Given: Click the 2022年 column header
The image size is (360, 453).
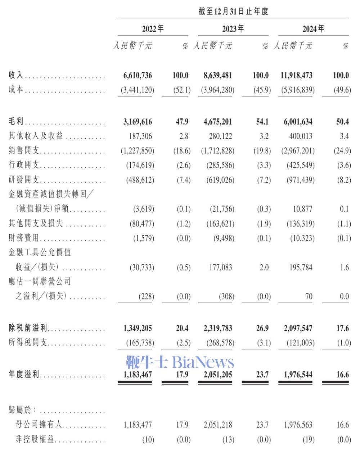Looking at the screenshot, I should pyautogui.click(x=153, y=29).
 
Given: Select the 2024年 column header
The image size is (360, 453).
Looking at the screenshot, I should pyautogui.click(x=313, y=29).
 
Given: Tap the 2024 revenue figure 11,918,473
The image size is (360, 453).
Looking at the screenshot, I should pyautogui.click(x=298, y=76).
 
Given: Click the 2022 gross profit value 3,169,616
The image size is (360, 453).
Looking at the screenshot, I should pyautogui.click(x=138, y=122).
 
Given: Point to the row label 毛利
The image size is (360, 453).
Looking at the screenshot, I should pyautogui.click(x=16, y=122).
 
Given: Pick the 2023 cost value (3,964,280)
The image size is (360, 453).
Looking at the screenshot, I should pyautogui.click(x=218, y=90).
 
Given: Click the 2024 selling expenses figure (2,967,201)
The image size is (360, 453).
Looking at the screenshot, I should pyautogui.click(x=298, y=151).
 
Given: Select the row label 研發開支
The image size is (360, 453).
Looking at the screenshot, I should pyautogui.click(x=24, y=180).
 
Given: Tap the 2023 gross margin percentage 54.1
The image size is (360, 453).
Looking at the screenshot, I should pyautogui.click(x=262, y=122).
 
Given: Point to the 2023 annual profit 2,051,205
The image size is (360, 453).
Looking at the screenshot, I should pyautogui.click(x=218, y=375).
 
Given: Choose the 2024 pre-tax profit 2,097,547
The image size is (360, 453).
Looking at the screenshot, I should pyautogui.click(x=298, y=328).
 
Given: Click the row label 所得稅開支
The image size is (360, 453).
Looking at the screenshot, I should pyautogui.click(x=28, y=343).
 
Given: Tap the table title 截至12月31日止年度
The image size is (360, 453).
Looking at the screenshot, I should pyautogui.click(x=233, y=12).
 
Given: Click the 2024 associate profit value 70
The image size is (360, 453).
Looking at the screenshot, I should pyautogui.click(x=309, y=297).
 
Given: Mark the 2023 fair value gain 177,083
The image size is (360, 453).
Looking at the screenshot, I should pyautogui.click(x=221, y=268).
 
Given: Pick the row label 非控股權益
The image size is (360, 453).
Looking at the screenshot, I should pyautogui.click(x=32, y=440).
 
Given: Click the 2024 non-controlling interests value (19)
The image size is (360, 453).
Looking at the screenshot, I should pyautogui.click(x=309, y=440).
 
